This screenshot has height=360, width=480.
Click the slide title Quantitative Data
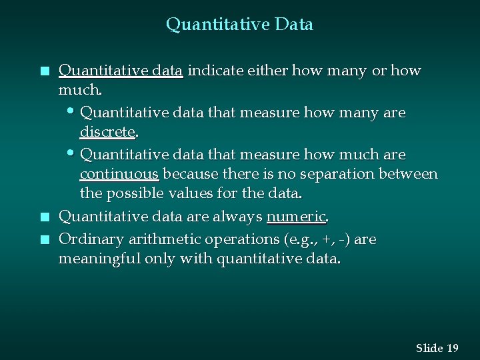click(x=239, y=25)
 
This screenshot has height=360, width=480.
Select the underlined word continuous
click(x=119, y=174)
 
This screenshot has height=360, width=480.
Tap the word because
click(x=188, y=174)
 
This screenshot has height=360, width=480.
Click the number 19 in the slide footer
click(x=453, y=348)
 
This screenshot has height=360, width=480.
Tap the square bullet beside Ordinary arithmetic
click(x=44, y=239)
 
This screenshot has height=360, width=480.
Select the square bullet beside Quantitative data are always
click(x=44, y=217)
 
